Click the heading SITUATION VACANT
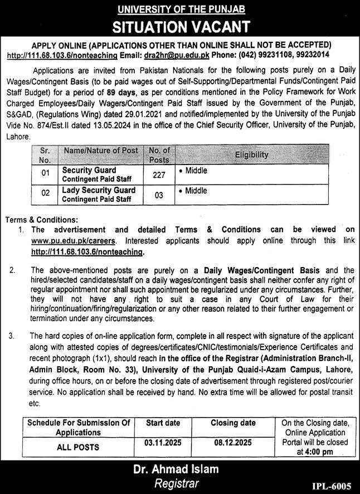tap(179, 26)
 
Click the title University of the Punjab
tap(179, 9)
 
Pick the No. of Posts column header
tap(159, 154)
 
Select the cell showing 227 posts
tap(159, 175)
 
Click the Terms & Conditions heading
tap(41, 220)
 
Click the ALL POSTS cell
tap(78, 447)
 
